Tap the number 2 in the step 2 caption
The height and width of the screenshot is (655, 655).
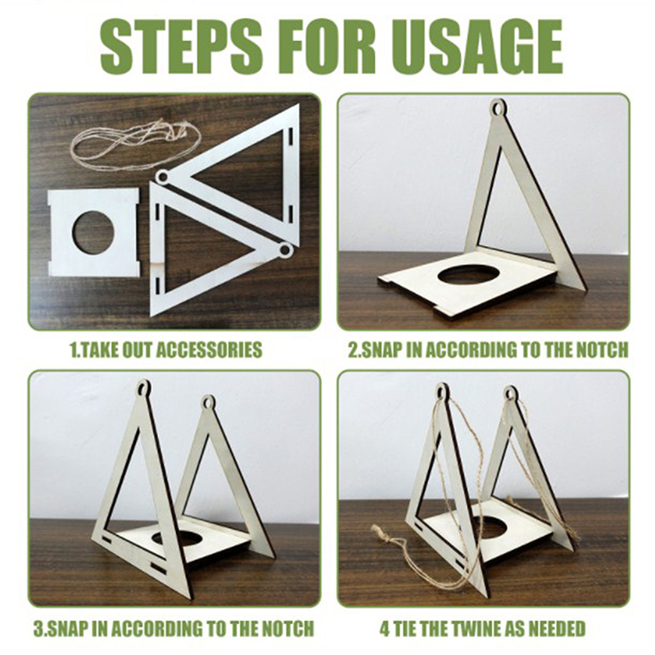coord(353,350)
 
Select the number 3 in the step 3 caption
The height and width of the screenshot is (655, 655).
coord(38,629)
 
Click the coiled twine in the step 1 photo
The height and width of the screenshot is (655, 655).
coord(136,142)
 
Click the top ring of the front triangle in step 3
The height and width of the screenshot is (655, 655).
coord(143,386)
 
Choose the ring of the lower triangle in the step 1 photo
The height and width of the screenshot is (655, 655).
coord(285,250)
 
